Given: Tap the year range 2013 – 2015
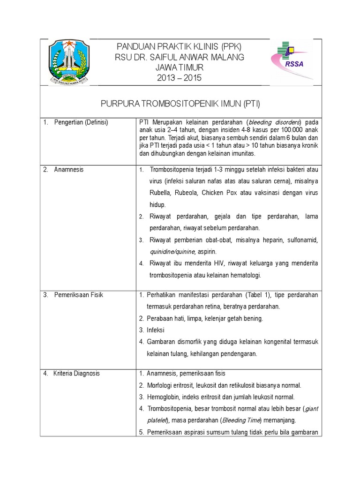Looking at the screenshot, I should click(x=180, y=78).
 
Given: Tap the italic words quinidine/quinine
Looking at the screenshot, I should click(x=172, y=252).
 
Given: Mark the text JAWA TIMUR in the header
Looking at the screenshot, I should click(x=180, y=67).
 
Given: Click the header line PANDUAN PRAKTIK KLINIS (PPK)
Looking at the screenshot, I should click(x=180, y=47).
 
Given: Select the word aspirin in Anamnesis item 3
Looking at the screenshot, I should click(x=207, y=252).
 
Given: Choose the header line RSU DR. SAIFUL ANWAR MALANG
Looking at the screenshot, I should click(x=180, y=57).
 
